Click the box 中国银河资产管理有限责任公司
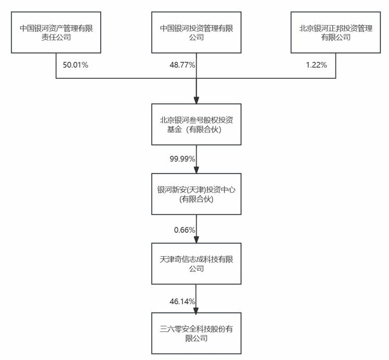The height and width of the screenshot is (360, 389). [55, 32]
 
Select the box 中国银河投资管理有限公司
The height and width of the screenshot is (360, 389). [196, 32]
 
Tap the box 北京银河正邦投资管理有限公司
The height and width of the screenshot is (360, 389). [335, 32]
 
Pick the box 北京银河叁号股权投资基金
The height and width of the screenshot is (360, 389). [196, 125]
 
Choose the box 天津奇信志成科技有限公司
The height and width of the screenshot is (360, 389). [196, 263]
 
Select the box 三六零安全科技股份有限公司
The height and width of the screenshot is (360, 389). [196, 333]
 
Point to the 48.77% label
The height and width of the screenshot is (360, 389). [181, 65]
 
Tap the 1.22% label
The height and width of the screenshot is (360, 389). [317, 65]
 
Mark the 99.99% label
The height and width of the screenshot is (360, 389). [181, 158]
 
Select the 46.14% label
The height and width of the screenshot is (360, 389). [181, 301]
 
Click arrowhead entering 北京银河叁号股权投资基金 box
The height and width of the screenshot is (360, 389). [196, 101]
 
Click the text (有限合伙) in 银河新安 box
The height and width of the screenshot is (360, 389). [196, 200]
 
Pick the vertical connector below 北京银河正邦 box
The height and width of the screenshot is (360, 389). [335, 66]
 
